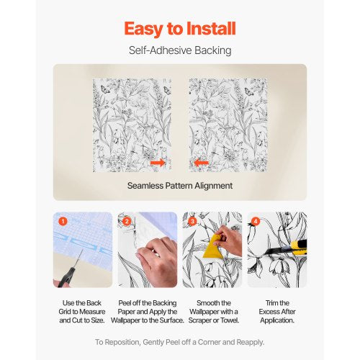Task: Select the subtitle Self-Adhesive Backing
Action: (x=179, y=51)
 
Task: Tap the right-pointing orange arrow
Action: (x=158, y=163)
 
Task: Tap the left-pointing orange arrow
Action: (x=202, y=163)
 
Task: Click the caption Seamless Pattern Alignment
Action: (x=179, y=185)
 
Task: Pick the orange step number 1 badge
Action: (x=63, y=221)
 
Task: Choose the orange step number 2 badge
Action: (x=127, y=221)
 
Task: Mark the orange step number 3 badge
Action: (x=191, y=221)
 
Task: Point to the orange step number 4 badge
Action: (x=255, y=221)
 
